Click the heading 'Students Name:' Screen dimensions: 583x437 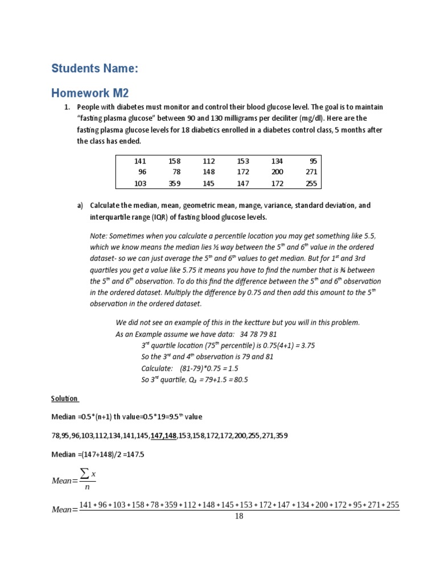pos(94,69)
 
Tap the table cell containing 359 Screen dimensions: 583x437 pos(174,183)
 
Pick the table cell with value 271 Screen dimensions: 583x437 pos(312,172)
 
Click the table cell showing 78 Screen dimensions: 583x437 pos(176,172)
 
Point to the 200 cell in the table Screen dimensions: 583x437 pos(277,172)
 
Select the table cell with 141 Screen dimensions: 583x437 pos(140,161)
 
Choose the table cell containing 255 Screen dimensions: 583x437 pos(312,183)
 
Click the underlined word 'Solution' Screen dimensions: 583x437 pos(64,399)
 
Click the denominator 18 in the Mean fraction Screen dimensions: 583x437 pos(239,516)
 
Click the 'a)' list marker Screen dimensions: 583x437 pos(80,205)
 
